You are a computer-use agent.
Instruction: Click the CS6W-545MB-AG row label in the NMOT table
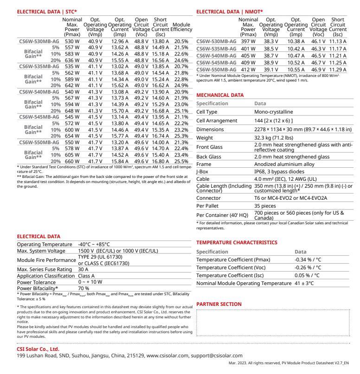[216, 60]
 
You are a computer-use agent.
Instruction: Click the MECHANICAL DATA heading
[220, 95]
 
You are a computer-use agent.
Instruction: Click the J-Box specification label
[203, 171]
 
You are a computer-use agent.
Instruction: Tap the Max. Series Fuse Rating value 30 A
[84, 269]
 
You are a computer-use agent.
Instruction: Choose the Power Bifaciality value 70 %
[84, 287]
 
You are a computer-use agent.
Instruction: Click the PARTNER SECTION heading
[219, 304]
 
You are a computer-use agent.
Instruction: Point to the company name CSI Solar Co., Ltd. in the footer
[38, 349]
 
